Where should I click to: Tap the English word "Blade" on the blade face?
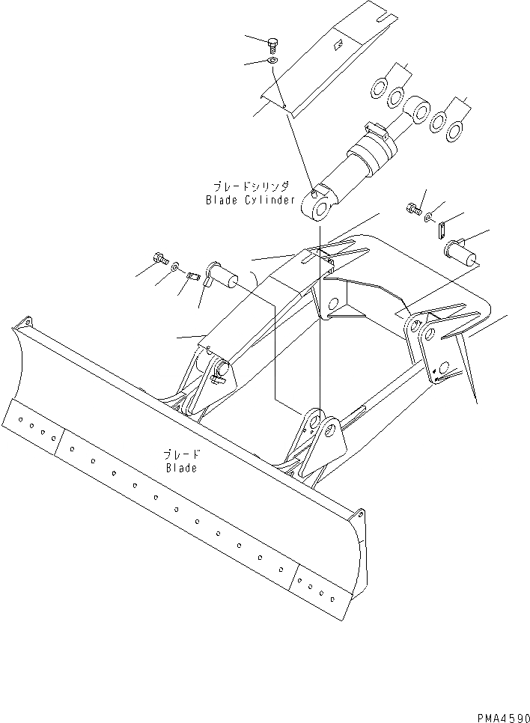[180, 469]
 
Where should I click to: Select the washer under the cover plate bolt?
[272, 60]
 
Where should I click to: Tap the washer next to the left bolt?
[174, 266]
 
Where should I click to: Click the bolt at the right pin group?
[412, 209]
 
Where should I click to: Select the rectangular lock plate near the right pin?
[442, 228]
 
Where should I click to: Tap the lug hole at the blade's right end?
[361, 517]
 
